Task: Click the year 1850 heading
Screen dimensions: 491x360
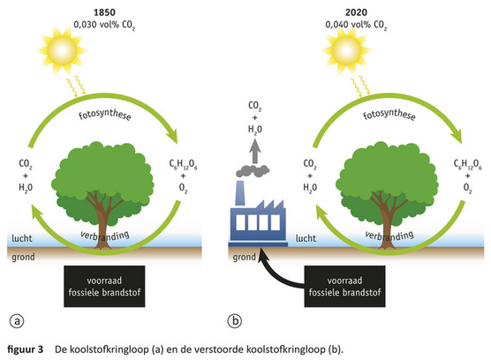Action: click(x=104, y=12)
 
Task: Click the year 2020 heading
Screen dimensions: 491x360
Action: click(x=356, y=12)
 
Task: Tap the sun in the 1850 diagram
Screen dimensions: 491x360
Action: click(x=62, y=50)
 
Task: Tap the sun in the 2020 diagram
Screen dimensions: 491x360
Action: click(x=346, y=50)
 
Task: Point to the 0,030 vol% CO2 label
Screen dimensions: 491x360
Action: click(x=104, y=25)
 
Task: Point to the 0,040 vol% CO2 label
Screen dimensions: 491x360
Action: click(x=356, y=25)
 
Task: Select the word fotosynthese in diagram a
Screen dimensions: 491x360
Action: click(x=104, y=115)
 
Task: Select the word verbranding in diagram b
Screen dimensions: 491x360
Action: click(x=389, y=236)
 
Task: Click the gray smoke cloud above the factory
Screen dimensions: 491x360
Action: click(x=253, y=171)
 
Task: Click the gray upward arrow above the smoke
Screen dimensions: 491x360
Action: click(x=255, y=151)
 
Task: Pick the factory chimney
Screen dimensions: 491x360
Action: click(x=240, y=193)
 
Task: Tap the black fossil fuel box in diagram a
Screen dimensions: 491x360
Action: click(x=104, y=286)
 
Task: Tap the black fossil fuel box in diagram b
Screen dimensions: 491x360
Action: click(x=344, y=286)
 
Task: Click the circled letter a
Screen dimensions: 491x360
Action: click(x=17, y=321)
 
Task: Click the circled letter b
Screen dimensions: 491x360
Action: click(x=235, y=321)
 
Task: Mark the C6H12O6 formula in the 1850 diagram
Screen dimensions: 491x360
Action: click(x=183, y=164)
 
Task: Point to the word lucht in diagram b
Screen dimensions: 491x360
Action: click(x=306, y=238)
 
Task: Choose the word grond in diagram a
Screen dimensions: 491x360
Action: click(x=24, y=258)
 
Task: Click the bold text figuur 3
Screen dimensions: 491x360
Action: click(x=26, y=349)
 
